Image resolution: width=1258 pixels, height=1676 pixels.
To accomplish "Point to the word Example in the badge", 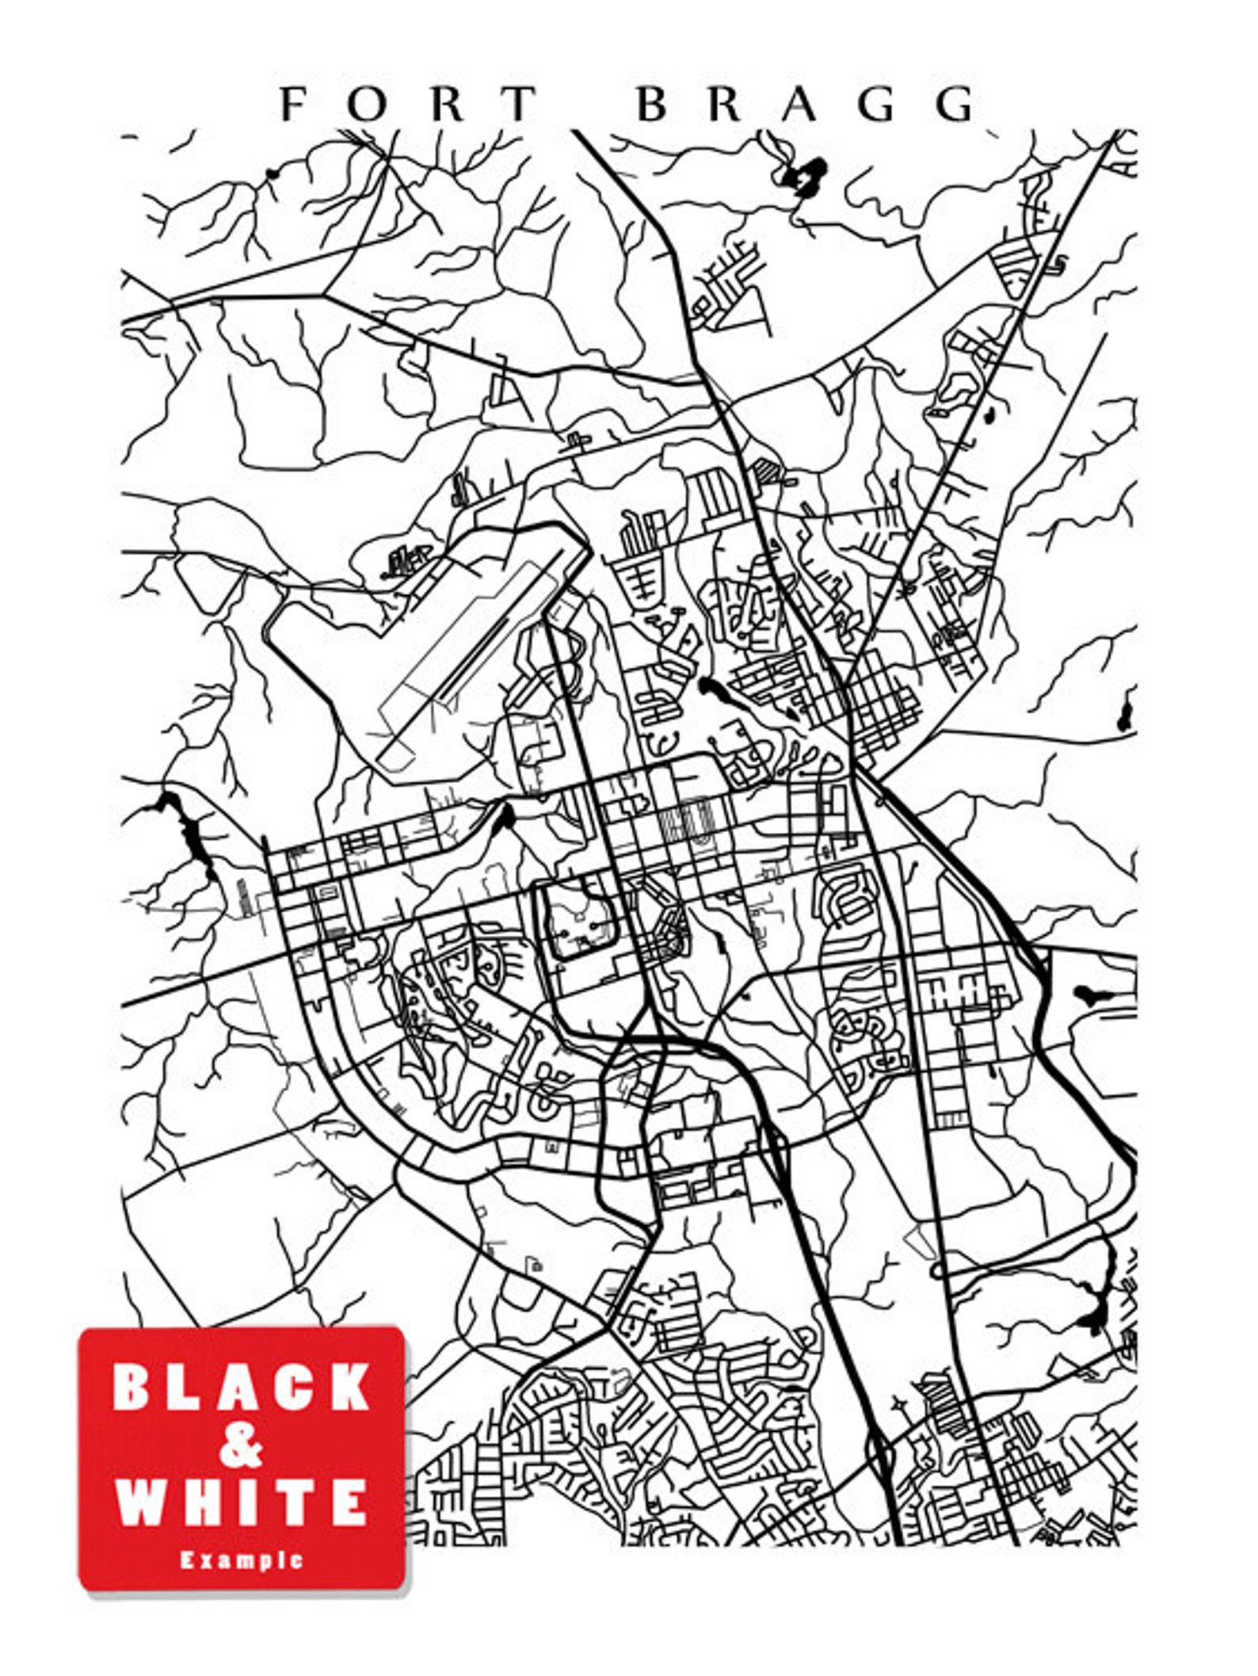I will pyautogui.click(x=241, y=1560).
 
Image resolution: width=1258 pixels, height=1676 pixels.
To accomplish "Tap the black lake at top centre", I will pyautogui.click(x=808, y=173).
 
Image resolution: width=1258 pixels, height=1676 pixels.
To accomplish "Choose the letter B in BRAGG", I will pyautogui.click(x=652, y=104).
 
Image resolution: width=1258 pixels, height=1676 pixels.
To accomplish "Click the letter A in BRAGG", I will pyautogui.click(x=802, y=104).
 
